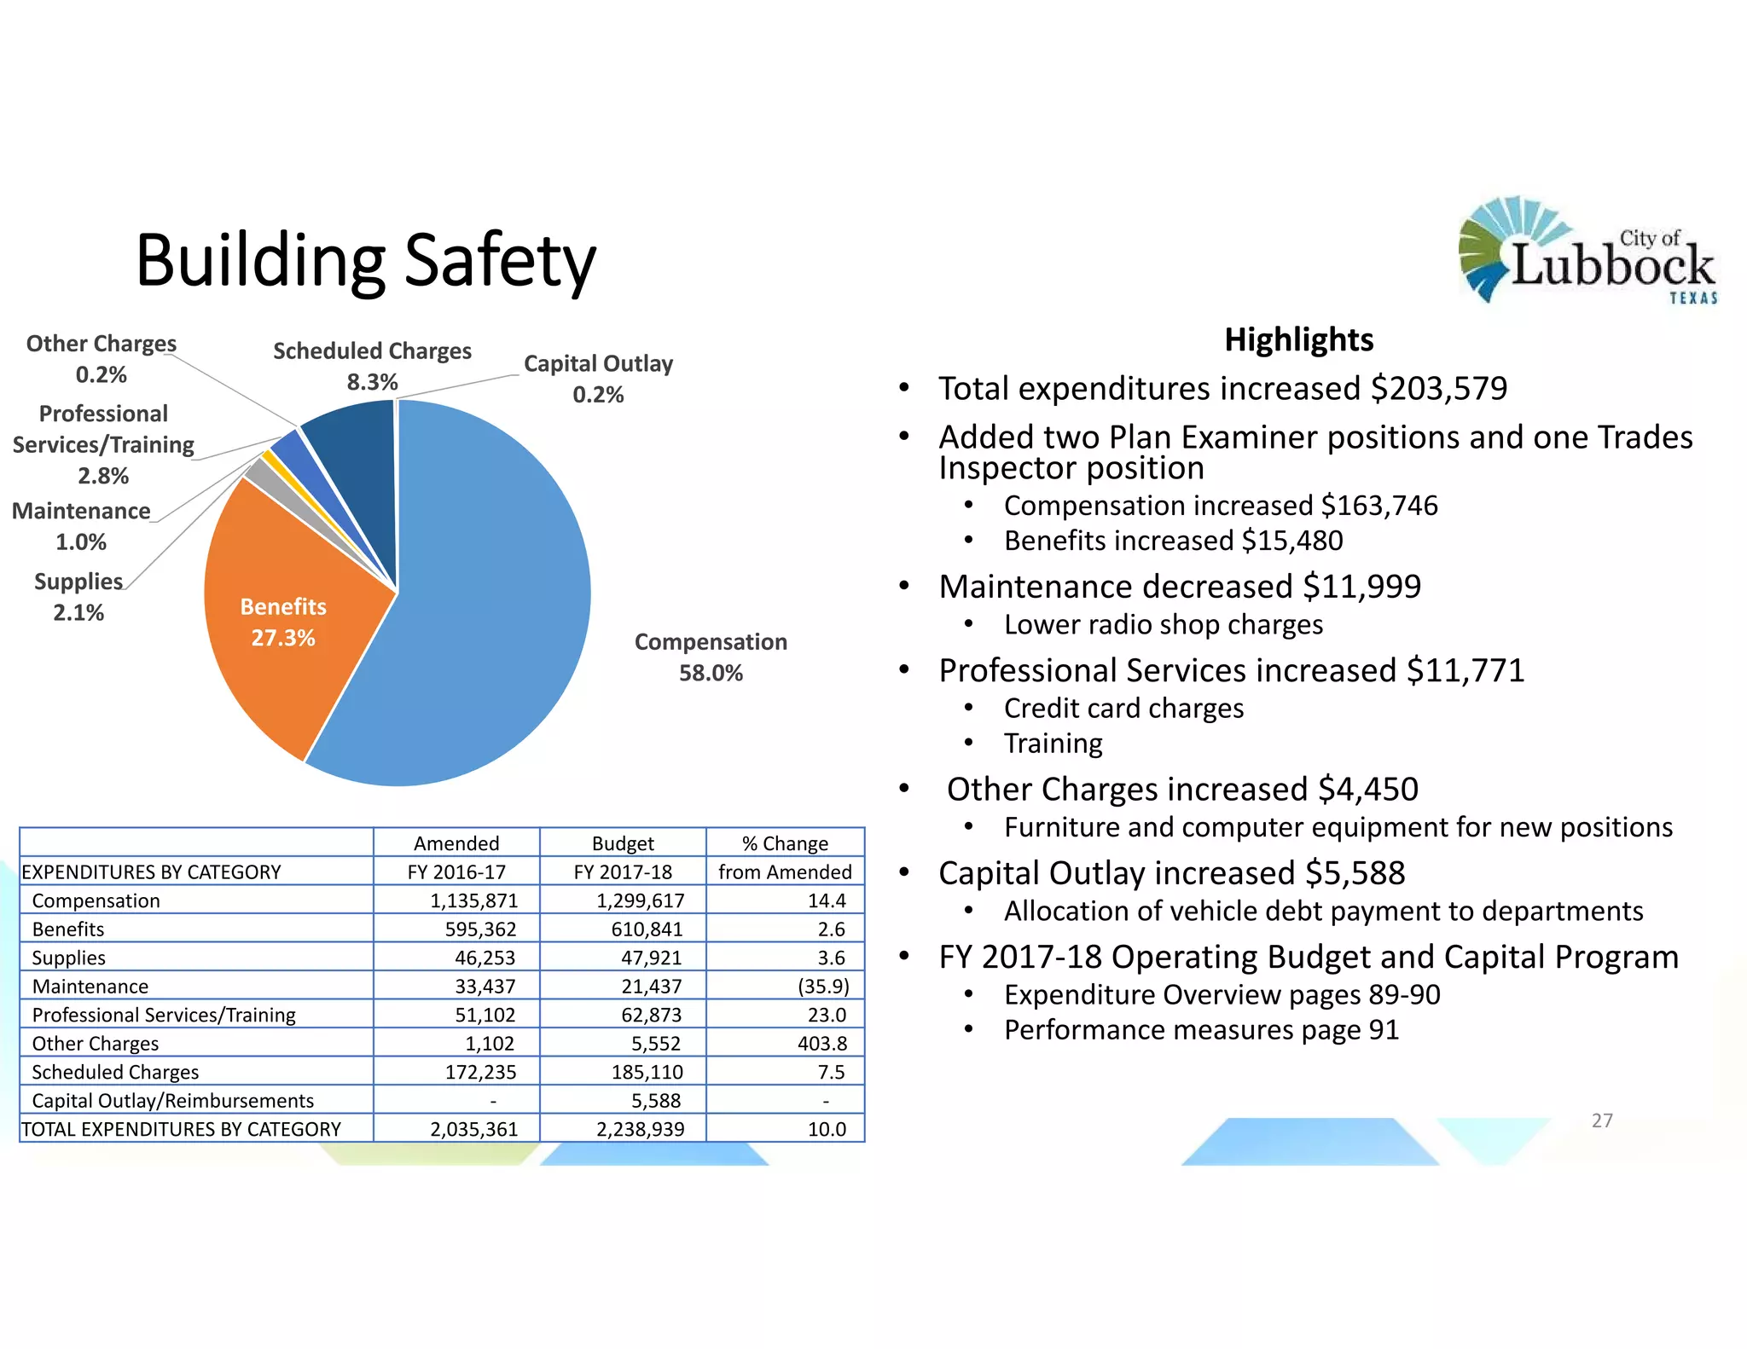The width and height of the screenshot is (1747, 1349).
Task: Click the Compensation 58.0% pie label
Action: pyautogui.click(x=711, y=657)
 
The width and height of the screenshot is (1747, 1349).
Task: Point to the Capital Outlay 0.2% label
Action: pyautogui.click(x=598, y=379)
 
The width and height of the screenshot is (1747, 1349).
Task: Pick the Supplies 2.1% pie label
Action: pyautogui.click(x=78, y=597)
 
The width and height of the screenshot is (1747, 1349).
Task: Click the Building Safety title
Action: pyautogui.click(x=365, y=260)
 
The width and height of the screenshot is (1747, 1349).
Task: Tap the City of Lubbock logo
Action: pyautogui.click(x=1587, y=250)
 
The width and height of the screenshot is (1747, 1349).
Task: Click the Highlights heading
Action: pyautogui.click(x=1298, y=339)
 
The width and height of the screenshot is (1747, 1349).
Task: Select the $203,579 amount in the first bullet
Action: pyautogui.click(x=1438, y=389)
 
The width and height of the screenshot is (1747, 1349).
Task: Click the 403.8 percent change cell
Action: pyautogui.click(x=822, y=1044)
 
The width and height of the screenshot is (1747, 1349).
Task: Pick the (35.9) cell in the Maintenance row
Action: pyautogui.click(x=823, y=987)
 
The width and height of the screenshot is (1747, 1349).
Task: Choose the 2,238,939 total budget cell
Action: pyautogui.click(x=640, y=1129)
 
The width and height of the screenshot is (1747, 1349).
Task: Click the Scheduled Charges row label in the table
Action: pyautogui.click(x=115, y=1072)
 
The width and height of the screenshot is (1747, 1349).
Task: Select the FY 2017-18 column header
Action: pyautogui.click(x=623, y=871)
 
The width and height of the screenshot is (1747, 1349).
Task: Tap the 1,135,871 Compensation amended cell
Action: pyautogui.click(x=473, y=900)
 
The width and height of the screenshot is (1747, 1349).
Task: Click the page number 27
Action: pyautogui.click(x=1602, y=1120)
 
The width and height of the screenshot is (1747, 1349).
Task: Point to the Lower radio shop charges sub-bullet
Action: pyautogui.click(x=1163, y=625)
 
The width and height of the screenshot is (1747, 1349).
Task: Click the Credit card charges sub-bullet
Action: pyautogui.click(x=1123, y=709)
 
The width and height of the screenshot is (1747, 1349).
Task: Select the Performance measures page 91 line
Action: pyautogui.click(x=1201, y=1030)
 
